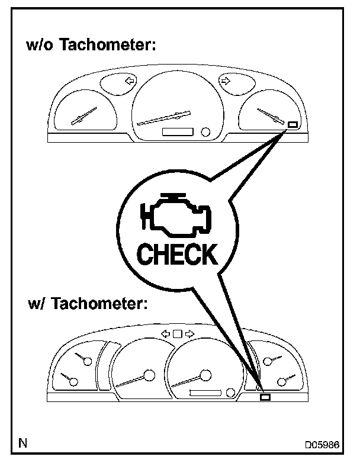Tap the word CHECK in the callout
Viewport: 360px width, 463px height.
(176, 255)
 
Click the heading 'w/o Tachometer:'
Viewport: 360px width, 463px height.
(91, 45)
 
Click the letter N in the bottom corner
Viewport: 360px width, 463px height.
(22, 442)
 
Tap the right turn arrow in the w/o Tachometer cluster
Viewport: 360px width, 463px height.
(224, 80)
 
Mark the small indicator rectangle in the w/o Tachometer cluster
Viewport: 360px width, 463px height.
(292, 124)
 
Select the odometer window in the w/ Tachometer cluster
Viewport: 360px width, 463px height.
(205, 393)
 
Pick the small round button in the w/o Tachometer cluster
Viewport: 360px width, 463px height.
(205, 131)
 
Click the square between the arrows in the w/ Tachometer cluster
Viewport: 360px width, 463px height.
(177, 334)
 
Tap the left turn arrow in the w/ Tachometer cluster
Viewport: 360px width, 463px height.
(166, 334)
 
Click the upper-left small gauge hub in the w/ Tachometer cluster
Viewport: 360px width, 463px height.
(88, 360)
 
